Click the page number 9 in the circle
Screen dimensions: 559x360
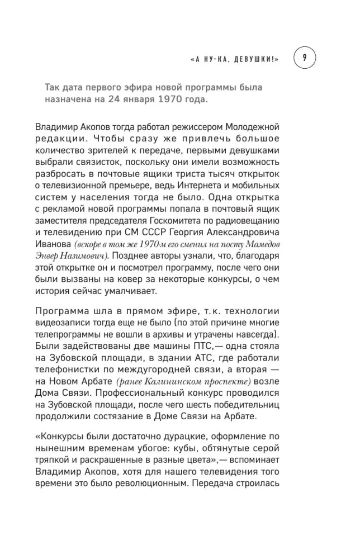304,57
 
